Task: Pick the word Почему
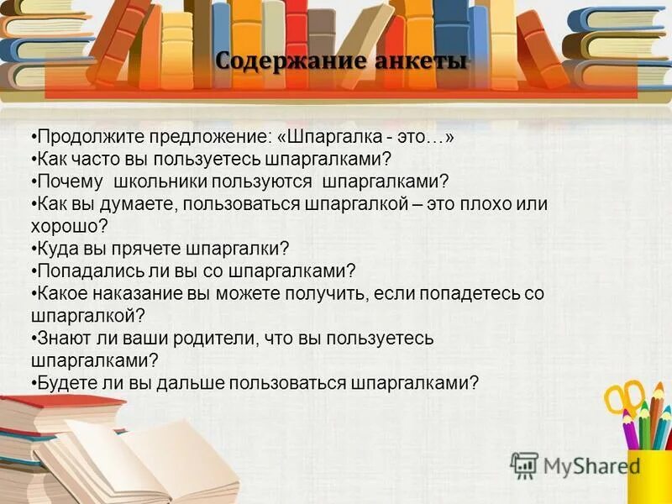click(70, 181)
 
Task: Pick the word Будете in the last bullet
click(65, 383)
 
